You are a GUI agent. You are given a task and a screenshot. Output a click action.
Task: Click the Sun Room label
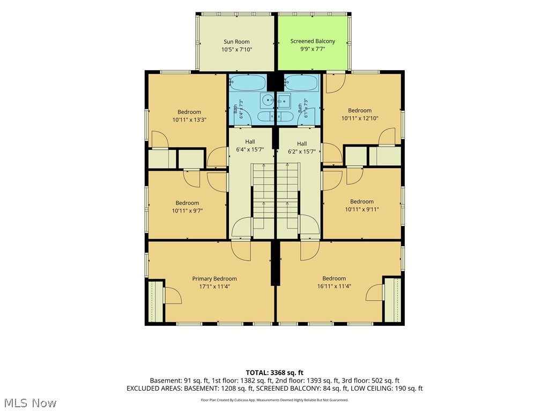click(x=236, y=42)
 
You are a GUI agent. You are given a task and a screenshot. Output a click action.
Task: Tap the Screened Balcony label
click(x=313, y=41)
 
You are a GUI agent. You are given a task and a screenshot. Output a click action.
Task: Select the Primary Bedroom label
click(x=214, y=278)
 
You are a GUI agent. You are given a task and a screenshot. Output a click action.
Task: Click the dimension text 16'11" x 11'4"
click(x=334, y=286)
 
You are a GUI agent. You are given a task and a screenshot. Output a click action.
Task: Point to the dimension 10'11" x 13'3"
click(x=189, y=119)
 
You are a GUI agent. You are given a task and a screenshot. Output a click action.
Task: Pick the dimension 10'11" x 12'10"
click(x=360, y=118)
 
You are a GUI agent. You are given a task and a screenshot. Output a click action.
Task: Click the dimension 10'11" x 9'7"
click(x=187, y=211)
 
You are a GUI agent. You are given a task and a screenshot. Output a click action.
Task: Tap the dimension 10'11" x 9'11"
click(x=362, y=209)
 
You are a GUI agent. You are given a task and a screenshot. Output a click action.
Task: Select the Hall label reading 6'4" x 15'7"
click(x=250, y=146)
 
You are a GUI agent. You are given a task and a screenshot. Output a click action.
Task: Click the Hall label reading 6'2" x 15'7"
click(x=302, y=148)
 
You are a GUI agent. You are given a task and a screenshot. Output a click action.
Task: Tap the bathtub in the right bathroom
click(x=301, y=82)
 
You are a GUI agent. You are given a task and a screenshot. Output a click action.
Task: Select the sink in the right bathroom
click(x=284, y=100)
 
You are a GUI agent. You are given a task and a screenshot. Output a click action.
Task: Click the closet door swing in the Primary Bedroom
click(x=173, y=295)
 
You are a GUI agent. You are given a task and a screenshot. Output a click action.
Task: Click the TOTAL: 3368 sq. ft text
click(x=274, y=372)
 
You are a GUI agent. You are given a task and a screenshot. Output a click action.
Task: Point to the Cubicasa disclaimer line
click(x=274, y=400)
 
